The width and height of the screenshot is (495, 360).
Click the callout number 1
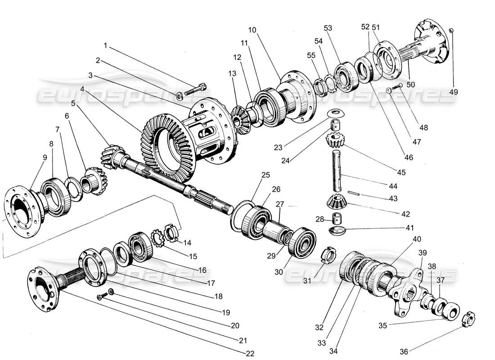106,45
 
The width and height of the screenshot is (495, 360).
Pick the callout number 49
453,92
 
